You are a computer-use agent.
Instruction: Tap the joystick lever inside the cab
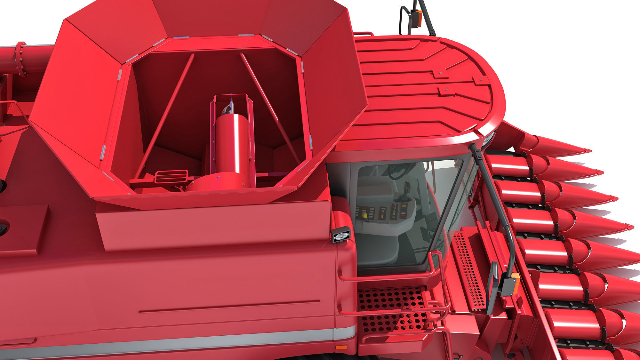coord(407,192)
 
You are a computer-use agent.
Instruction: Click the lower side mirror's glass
coord(492,286)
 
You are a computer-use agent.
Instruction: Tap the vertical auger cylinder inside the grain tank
coord(231,141)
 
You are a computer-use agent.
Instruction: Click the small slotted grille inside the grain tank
coord(171,176)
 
